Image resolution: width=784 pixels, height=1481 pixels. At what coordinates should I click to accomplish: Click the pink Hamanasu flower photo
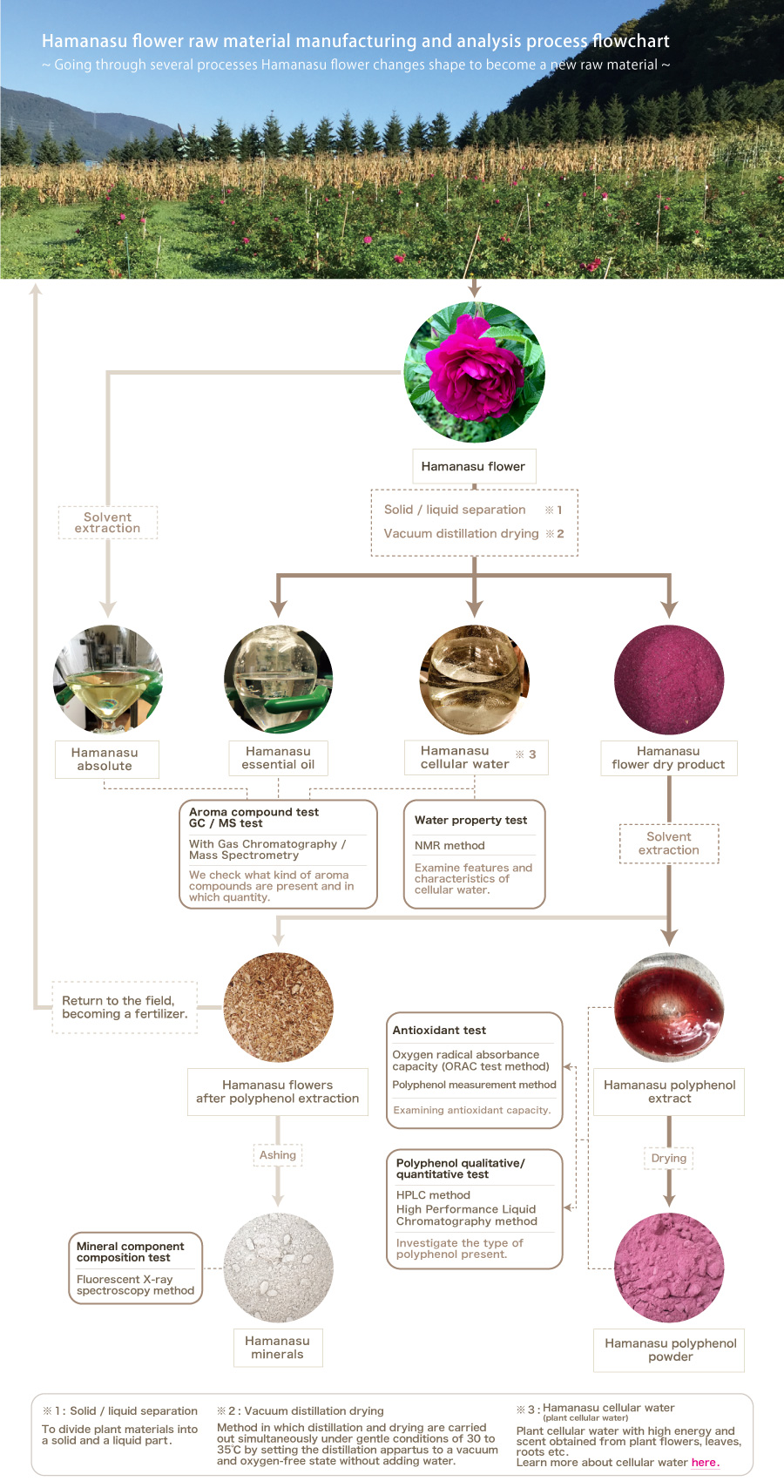coord(474,372)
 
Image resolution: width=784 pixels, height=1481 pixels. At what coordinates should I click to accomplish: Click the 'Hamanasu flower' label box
coord(473,466)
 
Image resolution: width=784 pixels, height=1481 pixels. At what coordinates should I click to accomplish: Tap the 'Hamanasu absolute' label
coord(105,759)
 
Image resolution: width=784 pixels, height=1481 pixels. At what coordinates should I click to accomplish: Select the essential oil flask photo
coord(278,680)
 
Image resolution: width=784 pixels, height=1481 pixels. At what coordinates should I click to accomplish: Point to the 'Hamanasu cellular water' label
coord(466,757)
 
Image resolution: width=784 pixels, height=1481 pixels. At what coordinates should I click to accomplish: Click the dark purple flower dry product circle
coord(668,680)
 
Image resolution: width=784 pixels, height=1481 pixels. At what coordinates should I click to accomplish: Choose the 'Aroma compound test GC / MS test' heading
coord(253,817)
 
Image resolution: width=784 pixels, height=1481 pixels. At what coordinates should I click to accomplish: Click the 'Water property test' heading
coord(470,820)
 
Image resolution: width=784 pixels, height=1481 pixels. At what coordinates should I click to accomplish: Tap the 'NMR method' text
coord(449,845)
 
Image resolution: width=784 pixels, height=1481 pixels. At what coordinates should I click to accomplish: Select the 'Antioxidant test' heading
coord(439,1030)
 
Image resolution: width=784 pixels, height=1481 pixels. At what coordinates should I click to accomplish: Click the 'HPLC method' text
coord(433,1195)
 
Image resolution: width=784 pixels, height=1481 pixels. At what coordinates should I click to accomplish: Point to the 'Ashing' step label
coord(278,1155)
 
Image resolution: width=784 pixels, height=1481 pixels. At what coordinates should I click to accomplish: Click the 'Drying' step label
coord(669,1158)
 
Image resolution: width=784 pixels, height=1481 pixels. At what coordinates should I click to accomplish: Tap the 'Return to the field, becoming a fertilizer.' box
coord(125,1007)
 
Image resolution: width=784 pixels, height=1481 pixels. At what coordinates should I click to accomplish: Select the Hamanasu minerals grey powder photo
coord(278,1268)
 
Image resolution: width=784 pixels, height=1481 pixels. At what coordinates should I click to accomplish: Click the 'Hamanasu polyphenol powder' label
coord(670,1349)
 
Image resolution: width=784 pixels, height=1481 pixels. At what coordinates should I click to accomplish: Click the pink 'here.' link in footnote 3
coord(705,1463)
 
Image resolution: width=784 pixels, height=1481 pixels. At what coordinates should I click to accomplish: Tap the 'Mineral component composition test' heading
coord(130,1252)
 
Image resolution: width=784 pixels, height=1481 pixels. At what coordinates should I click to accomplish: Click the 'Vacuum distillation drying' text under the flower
coord(461,533)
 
